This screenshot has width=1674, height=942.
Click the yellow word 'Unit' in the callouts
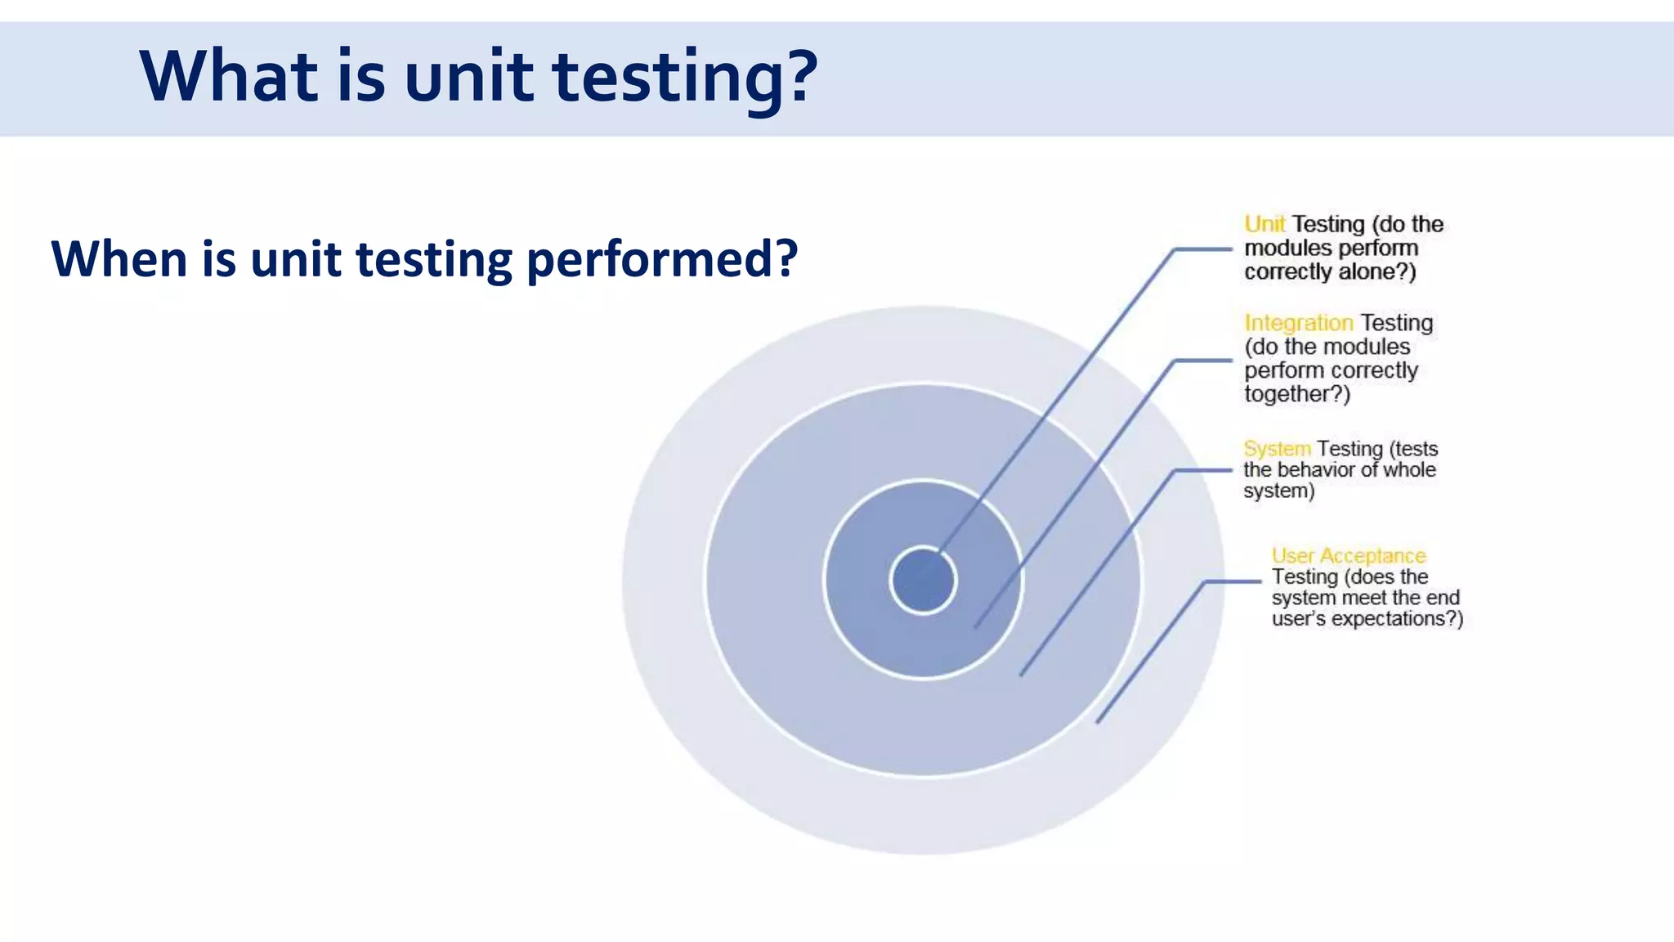tap(1264, 224)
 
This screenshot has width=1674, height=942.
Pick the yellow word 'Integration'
tap(1298, 323)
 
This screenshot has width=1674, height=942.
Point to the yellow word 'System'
tap(1277, 449)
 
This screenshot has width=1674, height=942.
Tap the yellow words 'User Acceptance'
tap(1349, 556)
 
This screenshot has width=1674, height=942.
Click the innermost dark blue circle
tap(923, 581)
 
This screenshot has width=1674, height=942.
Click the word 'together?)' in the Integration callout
tap(1297, 394)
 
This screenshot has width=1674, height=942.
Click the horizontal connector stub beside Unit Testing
tap(1202, 249)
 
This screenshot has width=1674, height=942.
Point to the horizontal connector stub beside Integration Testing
tap(1202, 360)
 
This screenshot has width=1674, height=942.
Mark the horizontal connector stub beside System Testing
tap(1202, 470)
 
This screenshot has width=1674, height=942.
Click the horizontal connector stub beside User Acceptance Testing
tap(1233, 581)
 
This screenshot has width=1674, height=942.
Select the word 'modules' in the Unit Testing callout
tap(1284, 248)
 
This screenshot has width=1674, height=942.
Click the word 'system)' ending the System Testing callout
tap(1279, 491)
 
